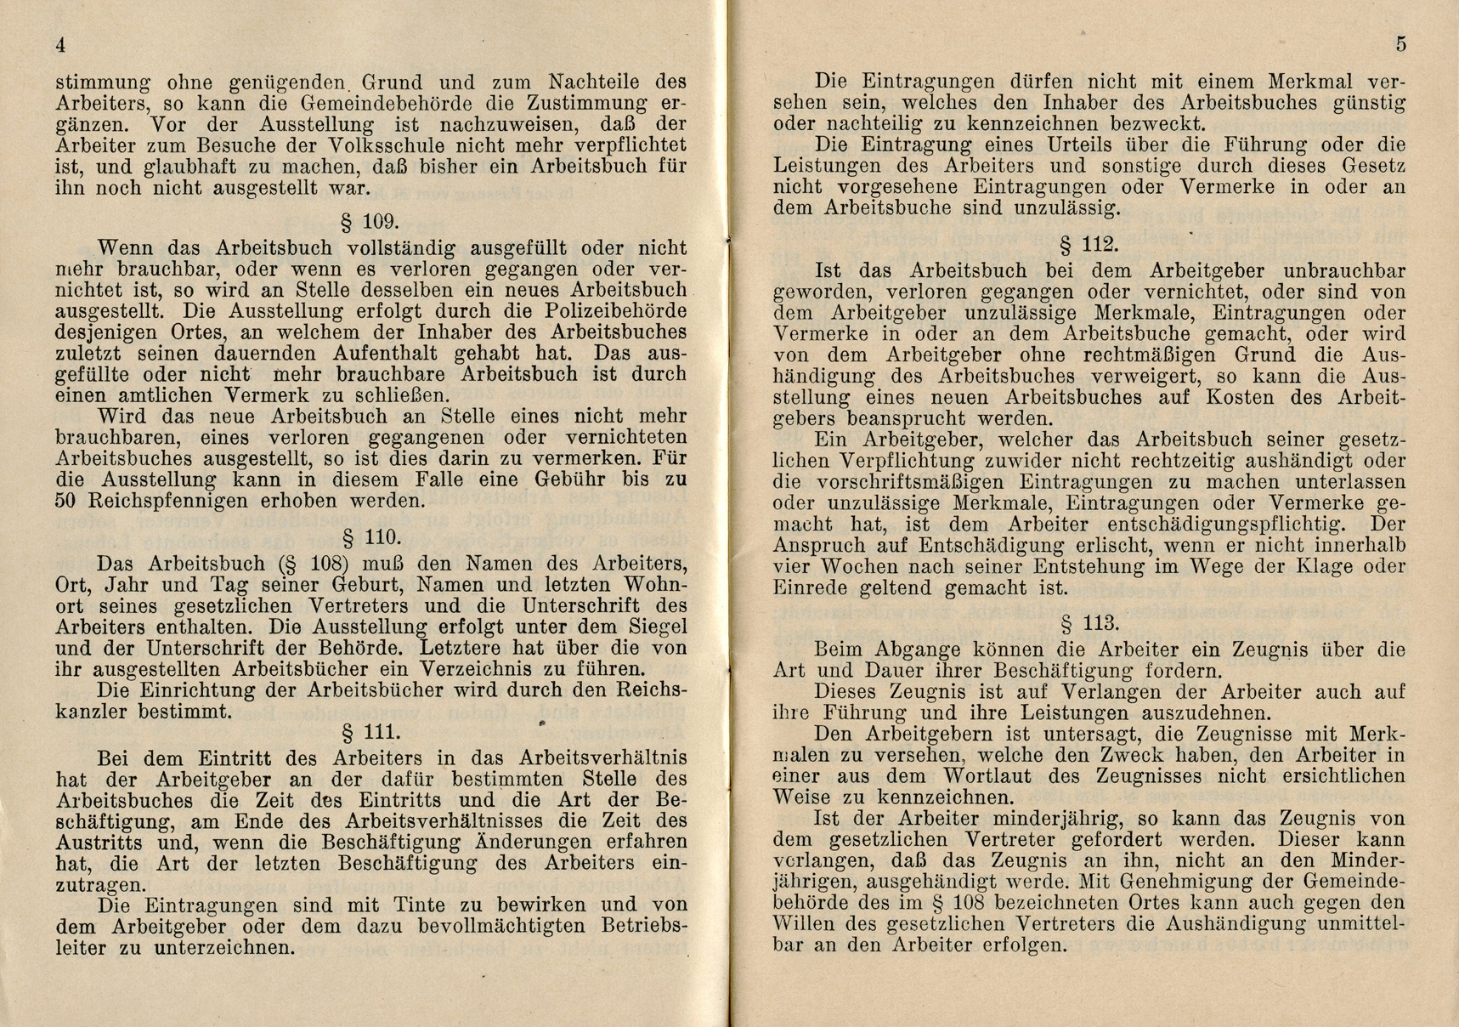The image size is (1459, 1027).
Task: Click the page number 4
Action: (x=60, y=46)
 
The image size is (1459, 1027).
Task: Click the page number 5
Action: (x=1400, y=45)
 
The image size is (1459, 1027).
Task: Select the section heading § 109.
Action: (x=370, y=223)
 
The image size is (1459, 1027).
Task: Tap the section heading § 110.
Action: (x=370, y=537)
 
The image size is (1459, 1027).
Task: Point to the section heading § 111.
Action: (x=370, y=733)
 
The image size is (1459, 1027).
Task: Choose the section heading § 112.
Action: (x=1089, y=246)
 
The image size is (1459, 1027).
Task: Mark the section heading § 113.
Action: (x=1089, y=624)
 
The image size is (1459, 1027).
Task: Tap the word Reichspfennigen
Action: (x=173, y=501)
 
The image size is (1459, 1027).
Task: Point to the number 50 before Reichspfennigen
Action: (x=66, y=501)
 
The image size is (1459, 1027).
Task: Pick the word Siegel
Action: (x=653, y=627)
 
